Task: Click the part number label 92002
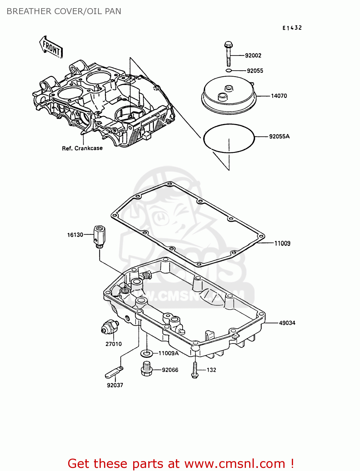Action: coord(253,56)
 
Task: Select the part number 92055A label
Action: coord(279,137)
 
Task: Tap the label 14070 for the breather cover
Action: coord(279,96)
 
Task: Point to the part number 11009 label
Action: coord(282,243)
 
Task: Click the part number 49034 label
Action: coord(287,323)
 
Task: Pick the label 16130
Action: coord(75,235)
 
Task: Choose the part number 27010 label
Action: coord(113,344)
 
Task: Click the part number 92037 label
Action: coord(115,385)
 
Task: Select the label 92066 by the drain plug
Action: coord(170,370)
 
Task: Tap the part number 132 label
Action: coord(211,370)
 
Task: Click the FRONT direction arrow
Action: coord(51,47)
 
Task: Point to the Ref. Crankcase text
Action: coord(82,149)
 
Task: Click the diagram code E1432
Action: coord(292,28)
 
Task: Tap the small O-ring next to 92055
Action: coord(229,71)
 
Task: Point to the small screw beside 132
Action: coord(195,370)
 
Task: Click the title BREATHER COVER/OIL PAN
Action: coord(64,11)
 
